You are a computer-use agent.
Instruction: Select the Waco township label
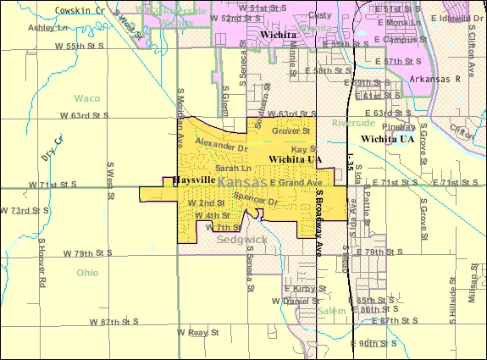(x=86, y=98)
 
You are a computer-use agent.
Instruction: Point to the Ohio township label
(x=86, y=273)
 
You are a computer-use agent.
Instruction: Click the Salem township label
(x=332, y=311)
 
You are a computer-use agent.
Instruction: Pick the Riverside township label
(x=354, y=124)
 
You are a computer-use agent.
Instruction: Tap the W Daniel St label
(x=296, y=301)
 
